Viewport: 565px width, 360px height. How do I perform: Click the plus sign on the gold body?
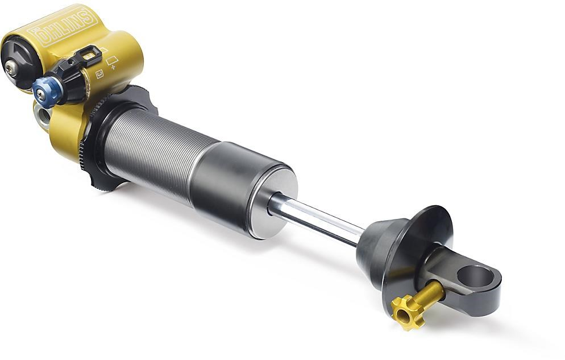[114, 67]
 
